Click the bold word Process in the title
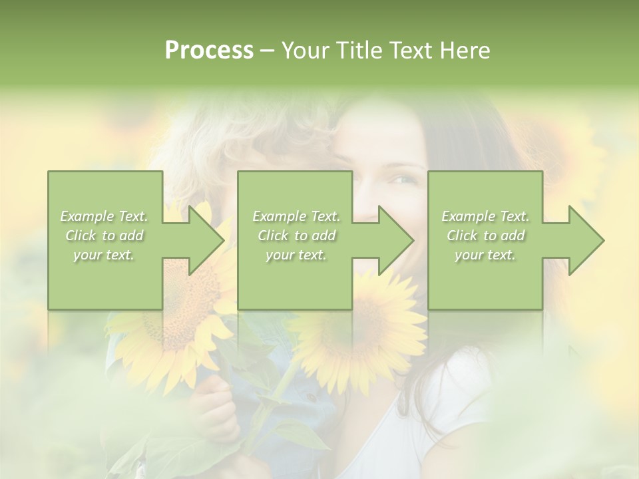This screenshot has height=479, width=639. point(209,51)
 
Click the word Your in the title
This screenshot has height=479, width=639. point(305,51)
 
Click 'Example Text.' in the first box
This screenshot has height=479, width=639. point(104,216)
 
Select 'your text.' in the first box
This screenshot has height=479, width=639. point(104,255)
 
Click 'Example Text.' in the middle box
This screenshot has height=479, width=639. point(296,216)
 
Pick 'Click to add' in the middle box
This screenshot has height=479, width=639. point(296,236)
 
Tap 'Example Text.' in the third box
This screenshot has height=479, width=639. point(485,216)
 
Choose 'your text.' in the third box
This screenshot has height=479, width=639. point(485,255)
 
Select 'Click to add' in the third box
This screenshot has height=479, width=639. point(485,236)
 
